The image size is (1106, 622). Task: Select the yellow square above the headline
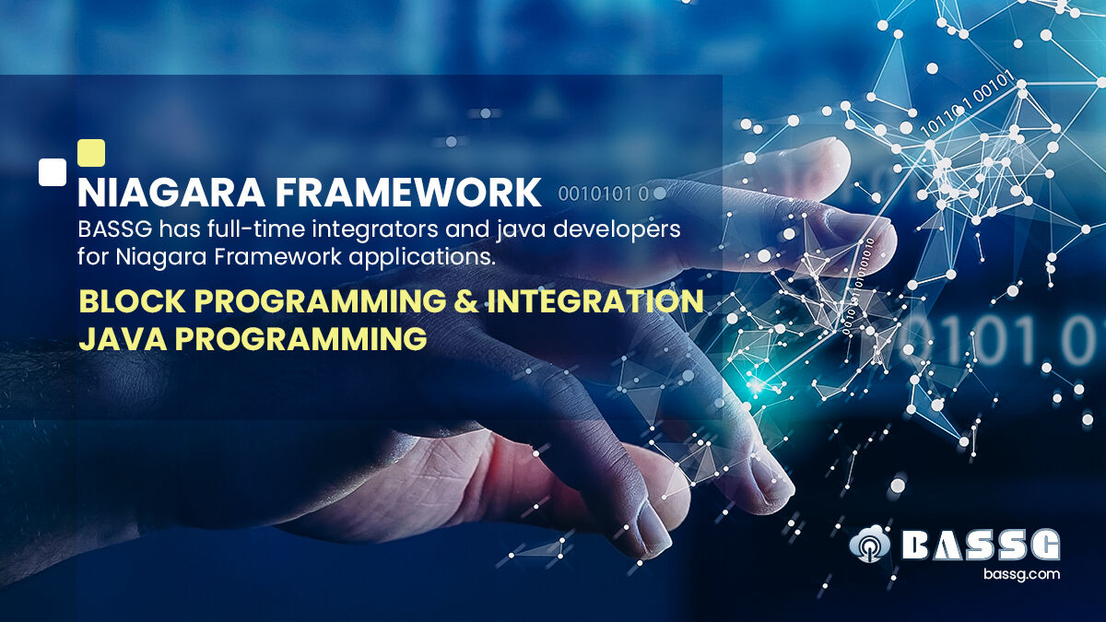click(x=91, y=152)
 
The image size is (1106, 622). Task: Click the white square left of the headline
click(x=53, y=171)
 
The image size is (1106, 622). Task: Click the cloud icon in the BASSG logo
click(x=868, y=546)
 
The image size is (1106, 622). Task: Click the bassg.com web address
click(x=1020, y=574)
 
